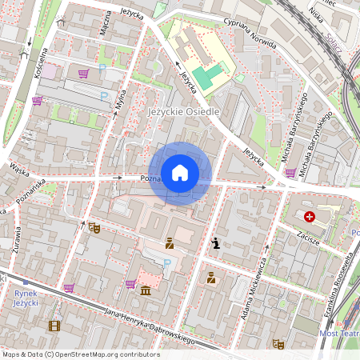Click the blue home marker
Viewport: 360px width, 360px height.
coord(180,172)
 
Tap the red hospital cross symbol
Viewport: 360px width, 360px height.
coord(321,216)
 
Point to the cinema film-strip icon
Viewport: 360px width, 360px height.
coord(54,326)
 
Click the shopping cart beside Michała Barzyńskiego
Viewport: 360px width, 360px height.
coord(290,172)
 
